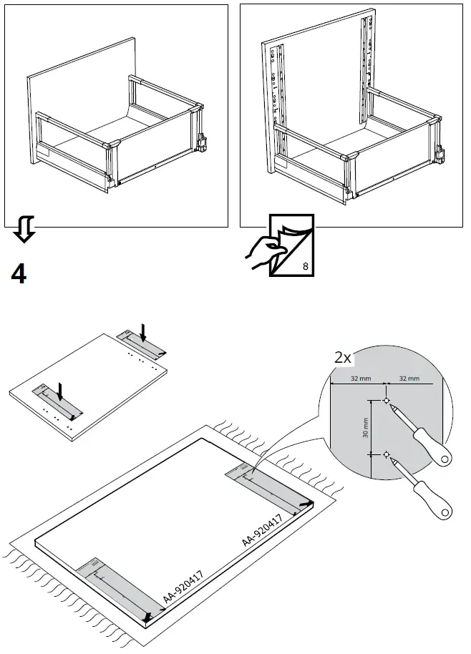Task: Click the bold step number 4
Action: pos(19,273)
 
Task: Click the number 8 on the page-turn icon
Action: pos(306,266)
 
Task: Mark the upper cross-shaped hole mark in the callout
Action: pos(387,401)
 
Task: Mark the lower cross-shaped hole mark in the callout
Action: pos(387,454)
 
